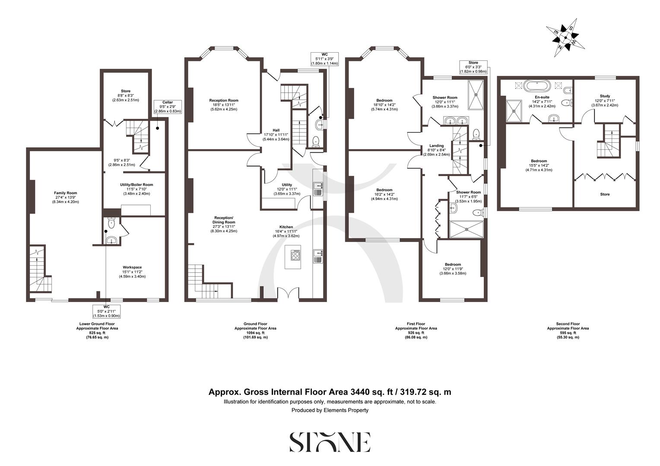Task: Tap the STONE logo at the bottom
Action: pos(330,442)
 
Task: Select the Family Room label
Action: pos(65,197)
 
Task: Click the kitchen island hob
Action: pos(296,255)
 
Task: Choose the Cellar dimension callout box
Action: pos(168,107)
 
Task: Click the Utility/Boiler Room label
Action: pos(136,189)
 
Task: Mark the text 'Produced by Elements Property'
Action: pos(330,410)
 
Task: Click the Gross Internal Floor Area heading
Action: pos(330,392)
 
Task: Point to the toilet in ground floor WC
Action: pos(316,141)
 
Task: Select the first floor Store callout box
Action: pos(473,67)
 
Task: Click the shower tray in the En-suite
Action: pos(514,111)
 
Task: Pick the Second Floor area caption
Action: pos(568,330)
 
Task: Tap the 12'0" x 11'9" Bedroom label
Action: pos(453,269)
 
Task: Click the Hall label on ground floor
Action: pos(276,134)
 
